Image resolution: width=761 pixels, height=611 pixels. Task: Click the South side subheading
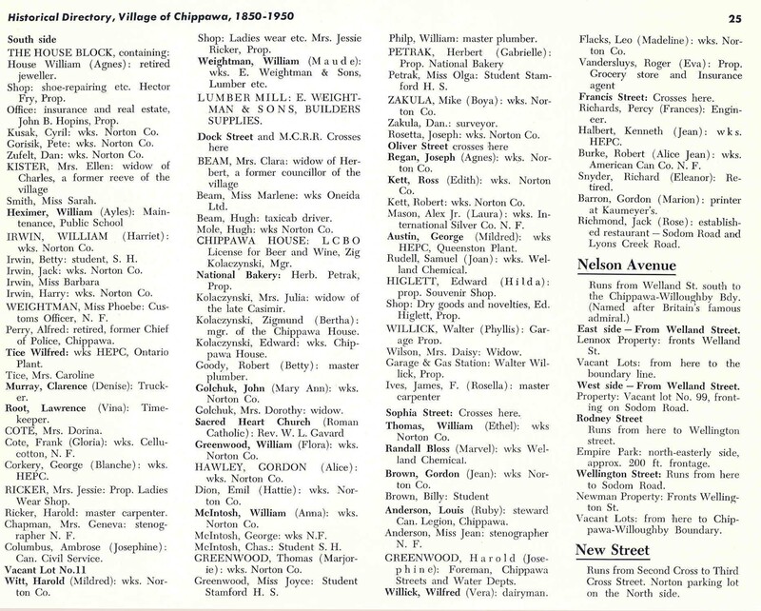click(34, 37)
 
